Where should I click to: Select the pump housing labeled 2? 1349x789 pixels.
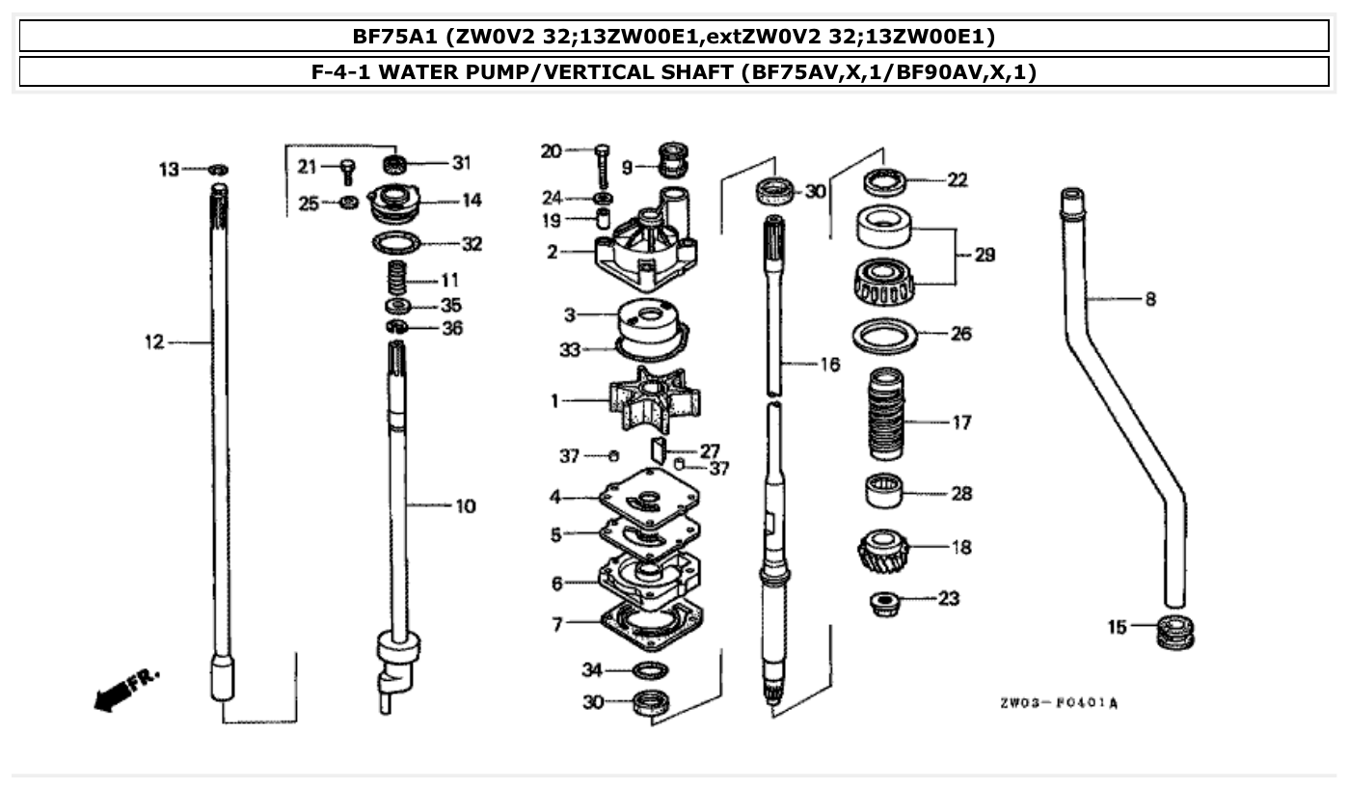tap(645, 254)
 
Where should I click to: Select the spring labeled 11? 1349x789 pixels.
tap(397, 280)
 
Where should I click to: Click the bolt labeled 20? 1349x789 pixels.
tap(603, 166)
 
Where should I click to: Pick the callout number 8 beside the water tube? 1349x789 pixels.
tap(1150, 299)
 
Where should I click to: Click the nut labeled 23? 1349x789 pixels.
tap(882, 603)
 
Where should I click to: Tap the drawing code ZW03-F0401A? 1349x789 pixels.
tap(1059, 703)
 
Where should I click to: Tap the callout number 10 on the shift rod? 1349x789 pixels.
tap(465, 506)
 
